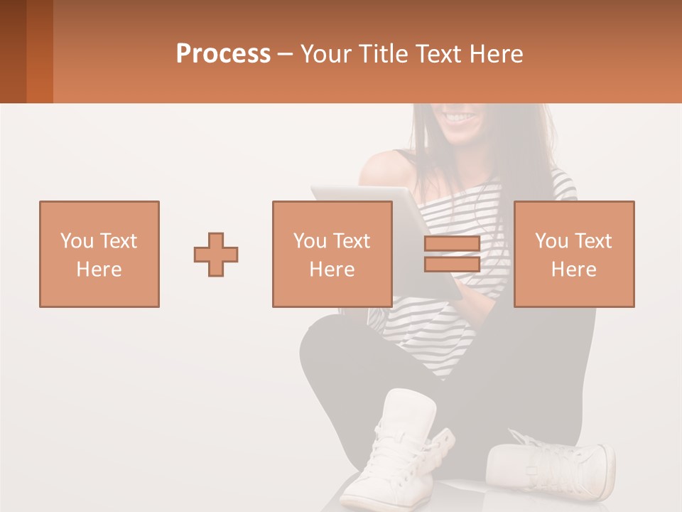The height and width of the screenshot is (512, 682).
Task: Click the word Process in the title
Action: pos(223,54)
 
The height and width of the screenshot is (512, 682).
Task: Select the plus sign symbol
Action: pos(216,255)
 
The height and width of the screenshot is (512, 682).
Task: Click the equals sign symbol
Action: pos(452,254)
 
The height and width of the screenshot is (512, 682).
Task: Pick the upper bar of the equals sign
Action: pos(452,244)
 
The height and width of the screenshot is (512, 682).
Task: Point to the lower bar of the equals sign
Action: pos(452,264)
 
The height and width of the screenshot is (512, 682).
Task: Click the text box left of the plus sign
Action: pos(99,254)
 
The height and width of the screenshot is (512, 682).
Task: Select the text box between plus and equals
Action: pos(332,254)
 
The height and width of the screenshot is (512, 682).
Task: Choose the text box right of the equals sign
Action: pos(573,254)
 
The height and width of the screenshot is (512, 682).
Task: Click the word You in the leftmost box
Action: pos(76,240)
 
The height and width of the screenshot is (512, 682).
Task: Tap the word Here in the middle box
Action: pos(332,270)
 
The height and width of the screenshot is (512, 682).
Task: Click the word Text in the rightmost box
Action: pos(593,240)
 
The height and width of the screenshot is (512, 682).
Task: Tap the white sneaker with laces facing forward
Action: pos(398,448)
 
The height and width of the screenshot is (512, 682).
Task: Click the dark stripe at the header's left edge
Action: pos(13,51)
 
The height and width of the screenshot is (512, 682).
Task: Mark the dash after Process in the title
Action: pos(285,54)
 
